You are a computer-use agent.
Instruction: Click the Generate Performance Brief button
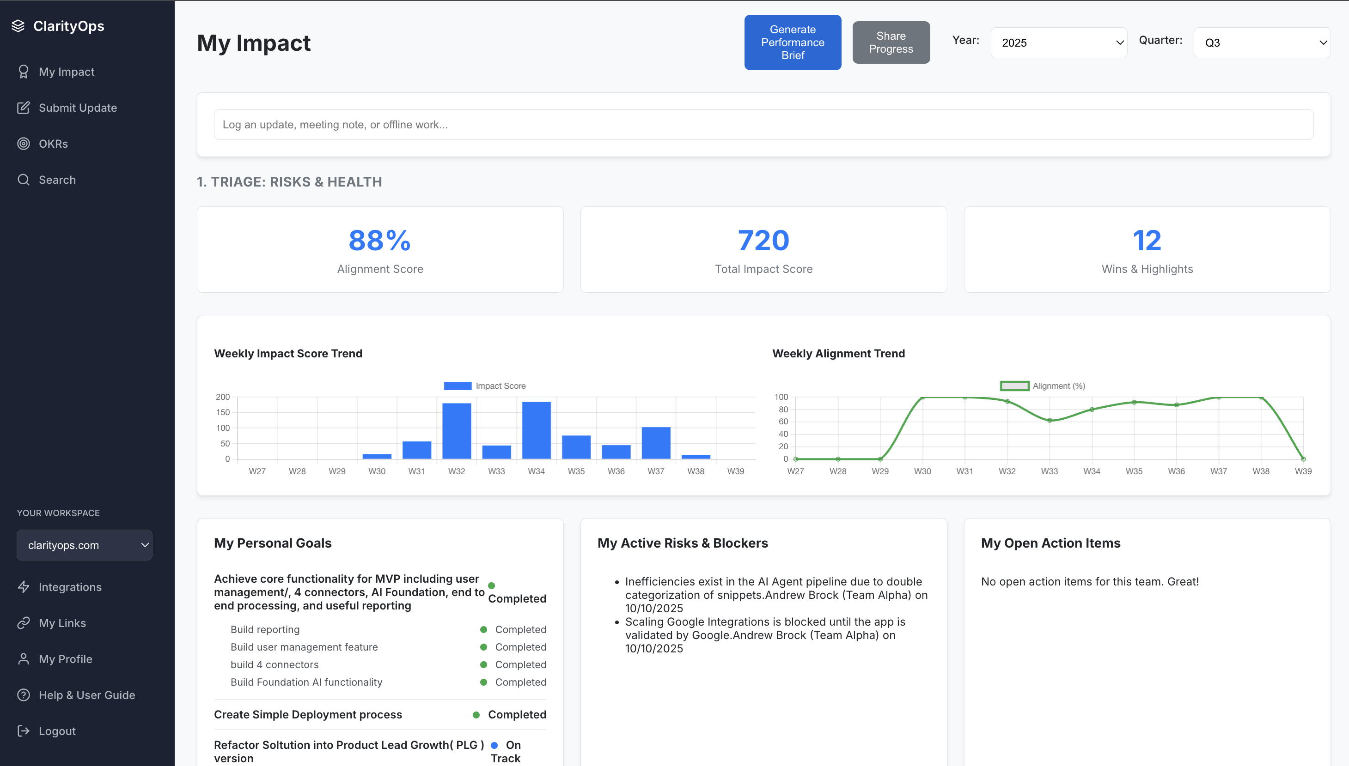pyautogui.click(x=793, y=42)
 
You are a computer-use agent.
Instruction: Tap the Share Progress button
pyautogui.click(x=891, y=42)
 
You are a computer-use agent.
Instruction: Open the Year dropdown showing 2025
pyautogui.click(x=1058, y=42)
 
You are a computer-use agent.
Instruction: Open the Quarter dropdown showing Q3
pyautogui.click(x=1262, y=42)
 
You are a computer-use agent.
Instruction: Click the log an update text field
pyautogui.click(x=763, y=125)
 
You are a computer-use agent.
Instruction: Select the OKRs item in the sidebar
pyautogui.click(x=53, y=144)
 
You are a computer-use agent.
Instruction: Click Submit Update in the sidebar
pyautogui.click(x=77, y=108)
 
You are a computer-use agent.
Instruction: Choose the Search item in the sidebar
pyautogui.click(x=57, y=180)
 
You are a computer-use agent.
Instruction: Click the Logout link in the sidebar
pyautogui.click(x=57, y=731)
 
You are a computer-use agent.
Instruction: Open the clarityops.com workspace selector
pyautogui.click(x=84, y=545)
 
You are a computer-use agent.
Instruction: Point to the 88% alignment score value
pyautogui.click(x=379, y=241)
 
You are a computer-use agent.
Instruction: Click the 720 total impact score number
pyautogui.click(x=763, y=241)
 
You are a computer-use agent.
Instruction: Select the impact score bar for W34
pyautogui.click(x=536, y=430)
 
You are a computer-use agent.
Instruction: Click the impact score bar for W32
pyautogui.click(x=457, y=431)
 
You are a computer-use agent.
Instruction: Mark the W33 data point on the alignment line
pyautogui.click(x=1050, y=420)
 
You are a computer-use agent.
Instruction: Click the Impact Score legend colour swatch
pyautogui.click(x=457, y=386)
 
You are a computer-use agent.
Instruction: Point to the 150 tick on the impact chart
pyautogui.click(x=223, y=412)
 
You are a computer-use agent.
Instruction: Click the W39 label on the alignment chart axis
pyautogui.click(x=1303, y=471)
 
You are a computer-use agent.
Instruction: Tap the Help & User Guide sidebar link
pyautogui.click(x=86, y=695)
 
